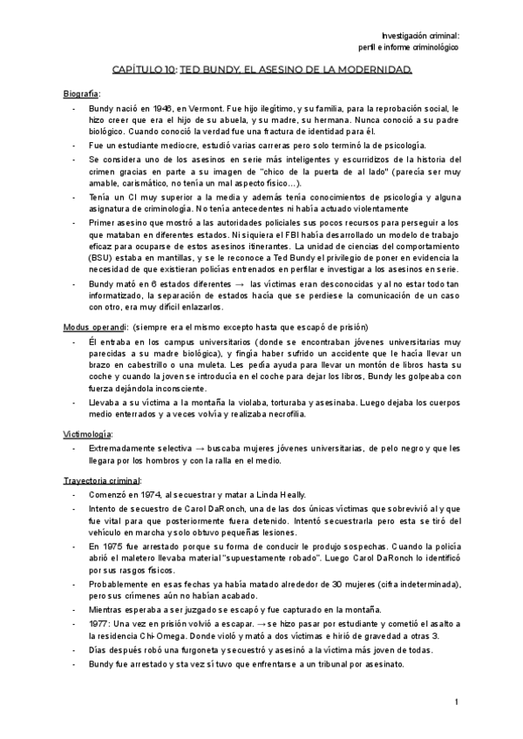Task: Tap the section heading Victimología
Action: tap(87, 433)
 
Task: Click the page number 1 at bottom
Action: tap(456, 702)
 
